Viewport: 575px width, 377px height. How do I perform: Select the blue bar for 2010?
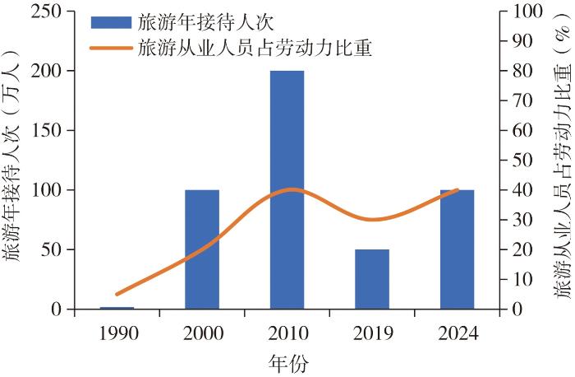(287, 190)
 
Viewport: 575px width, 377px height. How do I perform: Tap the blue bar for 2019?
(372, 279)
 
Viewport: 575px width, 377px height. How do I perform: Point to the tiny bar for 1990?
(117, 308)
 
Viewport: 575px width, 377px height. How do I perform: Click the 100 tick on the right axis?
(527, 12)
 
